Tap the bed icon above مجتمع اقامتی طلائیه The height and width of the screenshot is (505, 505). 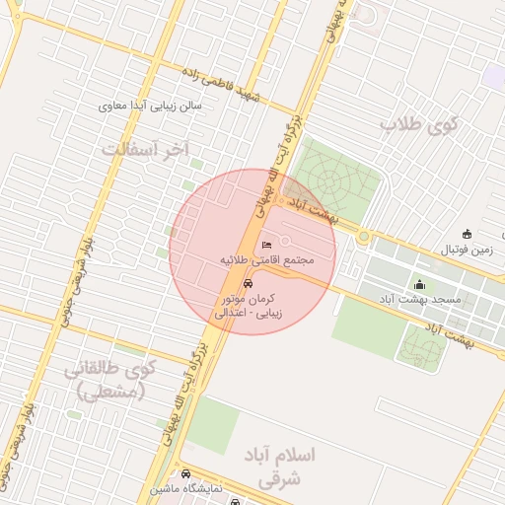[265, 246]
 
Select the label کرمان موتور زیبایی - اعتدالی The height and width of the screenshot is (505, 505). [248, 305]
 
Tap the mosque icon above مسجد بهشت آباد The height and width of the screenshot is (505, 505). [419, 284]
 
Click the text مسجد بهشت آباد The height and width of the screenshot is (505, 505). [415, 298]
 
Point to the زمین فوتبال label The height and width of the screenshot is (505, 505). [467, 251]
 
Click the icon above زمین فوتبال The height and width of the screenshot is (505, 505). [467, 235]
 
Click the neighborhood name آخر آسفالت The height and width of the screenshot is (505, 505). [144, 149]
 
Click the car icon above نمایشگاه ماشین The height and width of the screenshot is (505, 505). [186, 474]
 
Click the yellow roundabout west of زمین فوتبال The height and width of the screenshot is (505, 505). [364, 237]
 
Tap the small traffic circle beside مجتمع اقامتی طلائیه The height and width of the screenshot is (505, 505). [285, 242]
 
